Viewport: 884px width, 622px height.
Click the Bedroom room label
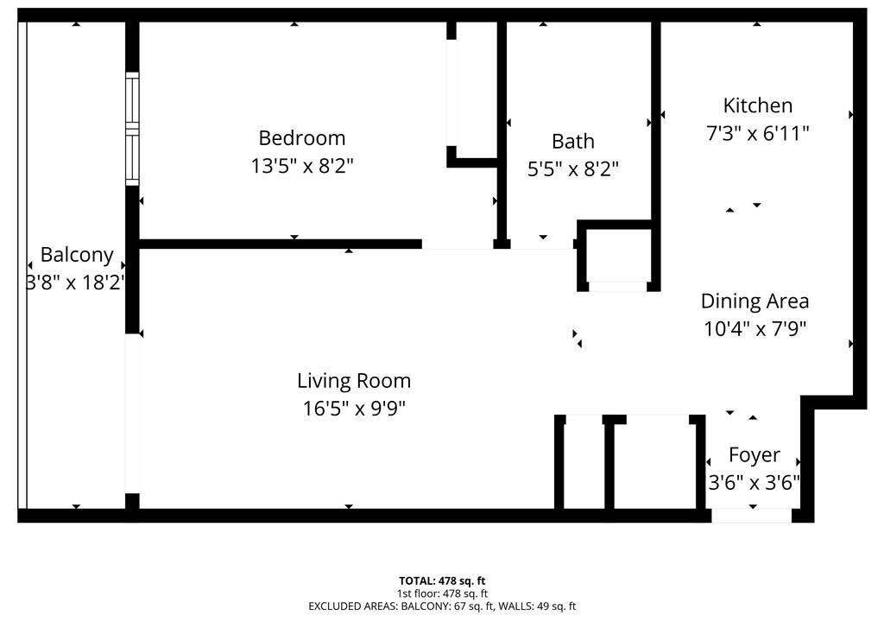click(x=301, y=137)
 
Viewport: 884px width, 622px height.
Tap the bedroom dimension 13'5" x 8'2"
click(x=301, y=166)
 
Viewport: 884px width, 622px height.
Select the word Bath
click(x=573, y=141)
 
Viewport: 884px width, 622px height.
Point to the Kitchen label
click(x=758, y=105)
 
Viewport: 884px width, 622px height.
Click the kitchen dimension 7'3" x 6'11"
click(x=758, y=133)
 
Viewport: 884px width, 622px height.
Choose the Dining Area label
click(x=755, y=301)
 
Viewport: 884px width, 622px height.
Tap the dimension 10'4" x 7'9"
click(x=755, y=328)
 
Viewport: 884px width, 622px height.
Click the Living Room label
click(x=354, y=381)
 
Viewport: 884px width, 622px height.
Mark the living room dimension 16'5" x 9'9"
click(x=354, y=408)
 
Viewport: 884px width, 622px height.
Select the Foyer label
click(x=755, y=455)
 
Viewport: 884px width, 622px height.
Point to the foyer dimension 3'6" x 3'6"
click(x=755, y=483)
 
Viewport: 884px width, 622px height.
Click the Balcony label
click(x=77, y=255)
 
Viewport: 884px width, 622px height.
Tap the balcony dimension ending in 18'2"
click(x=76, y=282)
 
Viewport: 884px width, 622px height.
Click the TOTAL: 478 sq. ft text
click(x=442, y=581)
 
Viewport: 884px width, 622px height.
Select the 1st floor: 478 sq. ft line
click(x=442, y=593)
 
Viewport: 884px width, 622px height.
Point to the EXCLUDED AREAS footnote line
click(x=442, y=606)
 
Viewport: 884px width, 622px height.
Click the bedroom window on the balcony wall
click(x=132, y=129)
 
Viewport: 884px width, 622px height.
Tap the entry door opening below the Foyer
click(x=752, y=516)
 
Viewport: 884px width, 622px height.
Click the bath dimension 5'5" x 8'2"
click(x=573, y=168)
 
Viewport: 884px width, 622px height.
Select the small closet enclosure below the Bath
click(x=618, y=256)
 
